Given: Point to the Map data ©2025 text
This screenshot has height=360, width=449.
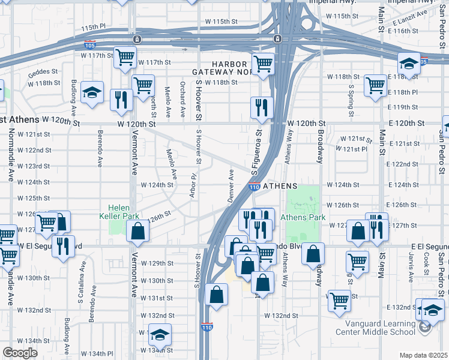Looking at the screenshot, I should (x=423, y=355).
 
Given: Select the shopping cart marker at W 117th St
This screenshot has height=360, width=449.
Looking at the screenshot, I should (x=125, y=57).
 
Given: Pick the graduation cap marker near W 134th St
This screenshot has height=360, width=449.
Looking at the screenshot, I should (x=160, y=333).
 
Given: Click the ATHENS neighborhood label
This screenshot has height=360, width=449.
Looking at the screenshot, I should (x=280, y=186).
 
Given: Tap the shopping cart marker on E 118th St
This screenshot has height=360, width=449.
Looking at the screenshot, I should (x=375, y=85).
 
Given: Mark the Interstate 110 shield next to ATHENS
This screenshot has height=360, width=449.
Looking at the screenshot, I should (x=254, y=187).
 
